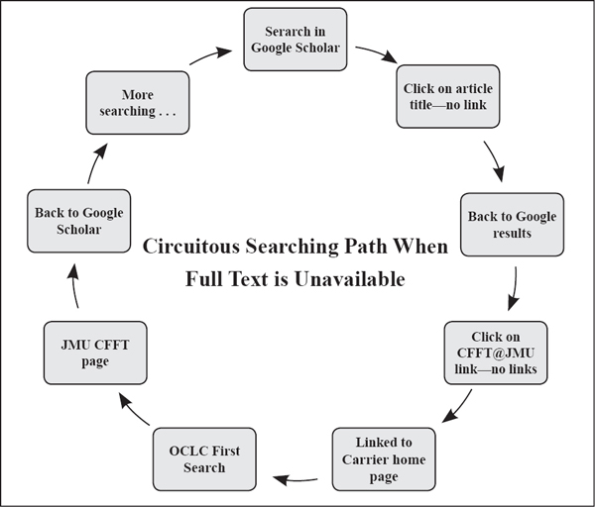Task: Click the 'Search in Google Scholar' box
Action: tap(295, 40)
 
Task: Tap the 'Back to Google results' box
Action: tap(512, 225)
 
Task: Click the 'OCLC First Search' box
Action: tap(203, 458)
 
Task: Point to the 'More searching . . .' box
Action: tap(138, 102)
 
